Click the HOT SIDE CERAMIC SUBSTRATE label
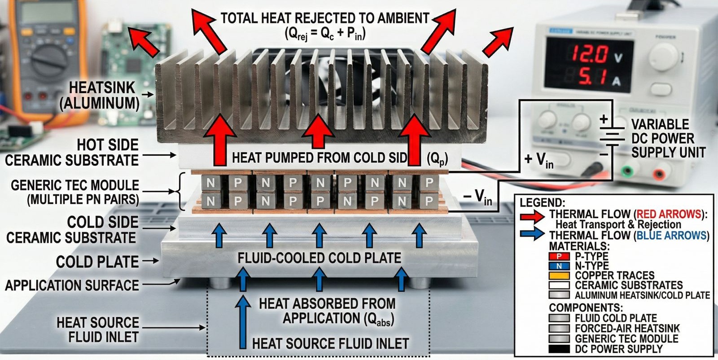[72, 153]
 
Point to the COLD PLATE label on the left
[97, 262]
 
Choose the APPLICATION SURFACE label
[72, 285]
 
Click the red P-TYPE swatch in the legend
[559, 256]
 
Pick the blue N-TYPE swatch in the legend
[559, 266]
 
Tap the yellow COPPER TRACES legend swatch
[559, 275]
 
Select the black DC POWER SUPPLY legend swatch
[559, 349]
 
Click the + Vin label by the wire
[538, 159]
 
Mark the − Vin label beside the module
[477, 197]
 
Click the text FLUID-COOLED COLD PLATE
[319, 258]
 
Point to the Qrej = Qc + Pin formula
[324, 33]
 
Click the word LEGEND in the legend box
[542, 202]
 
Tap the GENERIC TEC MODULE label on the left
[74, 192]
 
